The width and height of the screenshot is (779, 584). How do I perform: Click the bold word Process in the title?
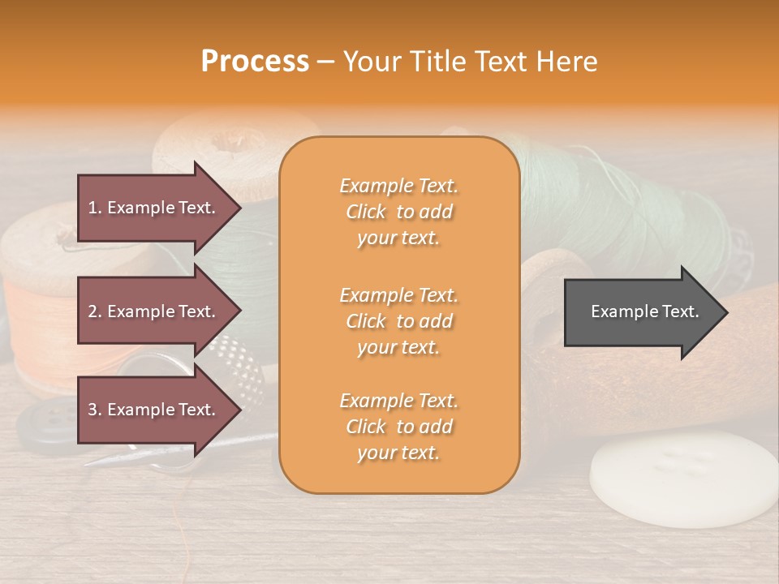point(255,61)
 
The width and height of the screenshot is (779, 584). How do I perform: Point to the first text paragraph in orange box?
point(398,212)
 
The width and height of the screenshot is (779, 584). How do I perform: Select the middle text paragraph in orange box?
point(398,321)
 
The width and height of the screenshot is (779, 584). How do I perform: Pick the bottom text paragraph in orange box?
point(398,427)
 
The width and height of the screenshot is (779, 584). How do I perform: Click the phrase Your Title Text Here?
point(470,61)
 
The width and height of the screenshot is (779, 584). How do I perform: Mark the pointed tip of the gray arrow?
point(726,312)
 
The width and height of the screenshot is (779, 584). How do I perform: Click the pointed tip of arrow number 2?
point(239,311)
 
